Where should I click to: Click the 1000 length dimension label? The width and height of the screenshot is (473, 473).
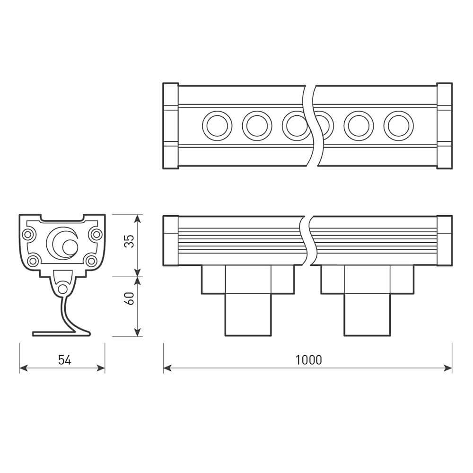coord(308,360)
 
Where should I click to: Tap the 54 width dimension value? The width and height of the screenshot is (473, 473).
coord(64,360)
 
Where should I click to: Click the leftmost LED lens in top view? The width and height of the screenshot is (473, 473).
coord(217,126)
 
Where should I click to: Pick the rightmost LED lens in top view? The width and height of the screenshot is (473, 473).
coord(398,126)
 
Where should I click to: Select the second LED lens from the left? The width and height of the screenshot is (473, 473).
coord(257,126)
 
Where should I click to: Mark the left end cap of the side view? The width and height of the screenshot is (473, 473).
coord(170,240)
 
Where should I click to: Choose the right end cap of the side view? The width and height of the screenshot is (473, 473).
coord(444,240)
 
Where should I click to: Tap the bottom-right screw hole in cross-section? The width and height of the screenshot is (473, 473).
coord(92,261)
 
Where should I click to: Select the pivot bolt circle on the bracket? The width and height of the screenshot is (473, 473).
coord(62,289)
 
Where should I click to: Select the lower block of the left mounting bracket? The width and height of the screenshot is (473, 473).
coord(248,315)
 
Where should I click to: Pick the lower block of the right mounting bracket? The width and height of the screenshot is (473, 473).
coord(367,315)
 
